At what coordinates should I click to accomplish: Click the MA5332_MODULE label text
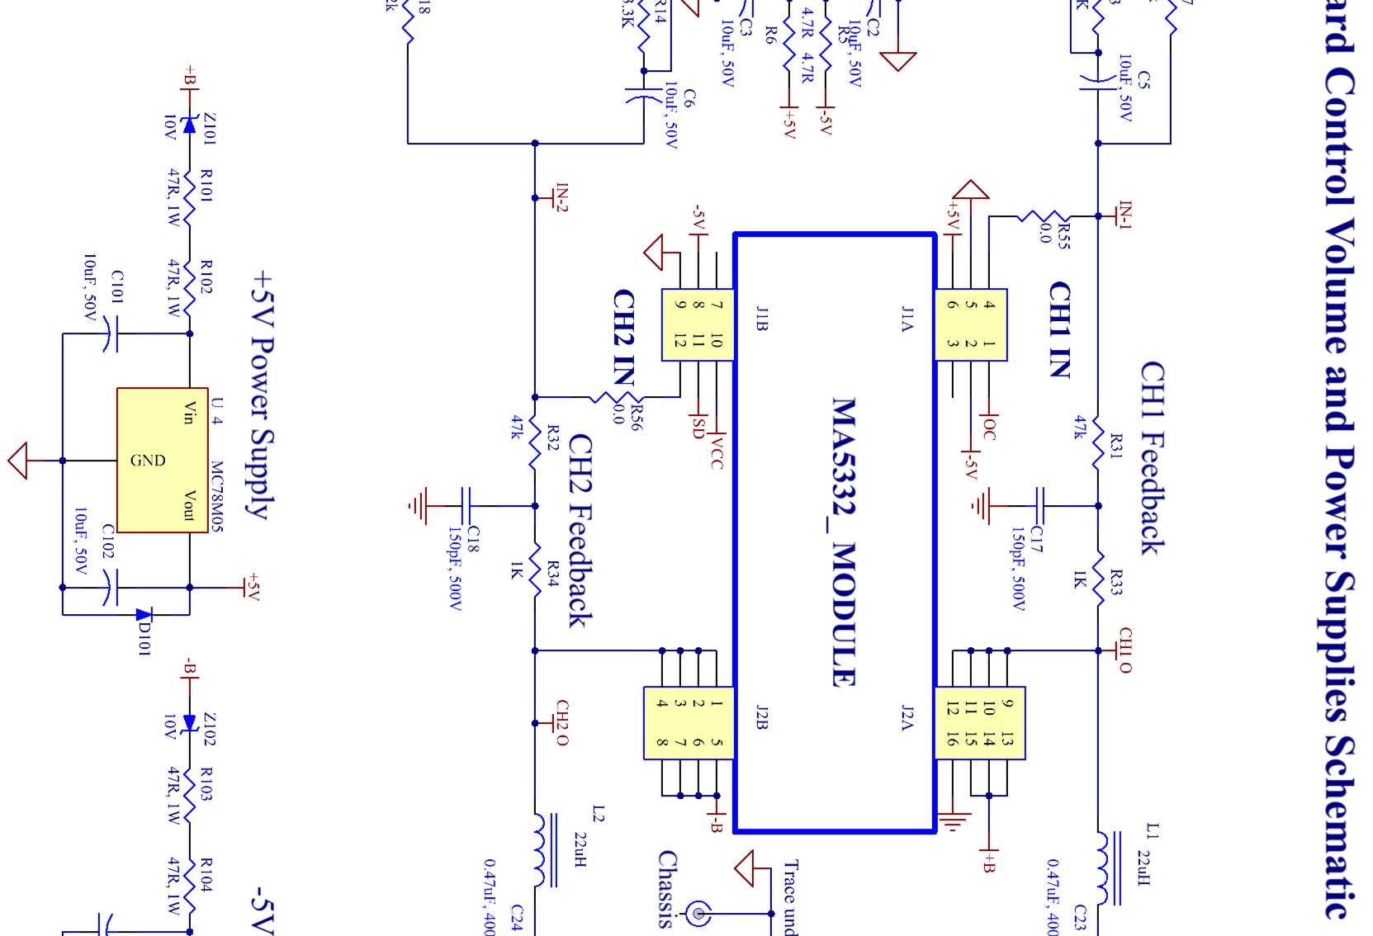[x=843, y=542]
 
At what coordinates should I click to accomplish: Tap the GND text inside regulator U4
[x=148, y=461]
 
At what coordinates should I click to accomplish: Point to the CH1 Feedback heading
[x=1153, y=458]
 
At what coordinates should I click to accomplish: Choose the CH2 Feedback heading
[x=580, y=531]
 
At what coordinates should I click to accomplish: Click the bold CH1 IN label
[x=1060, y=329]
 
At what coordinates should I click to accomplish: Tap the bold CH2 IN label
[x=624, y=337]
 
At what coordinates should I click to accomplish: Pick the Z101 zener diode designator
[x=210, y=130]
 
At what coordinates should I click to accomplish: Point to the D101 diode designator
[x=144, y=638]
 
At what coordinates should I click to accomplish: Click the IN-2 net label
[x=561, y=198]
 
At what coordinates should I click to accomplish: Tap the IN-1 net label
[x=1124, y=214]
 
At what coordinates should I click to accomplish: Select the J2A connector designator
[x=907, y=718]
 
